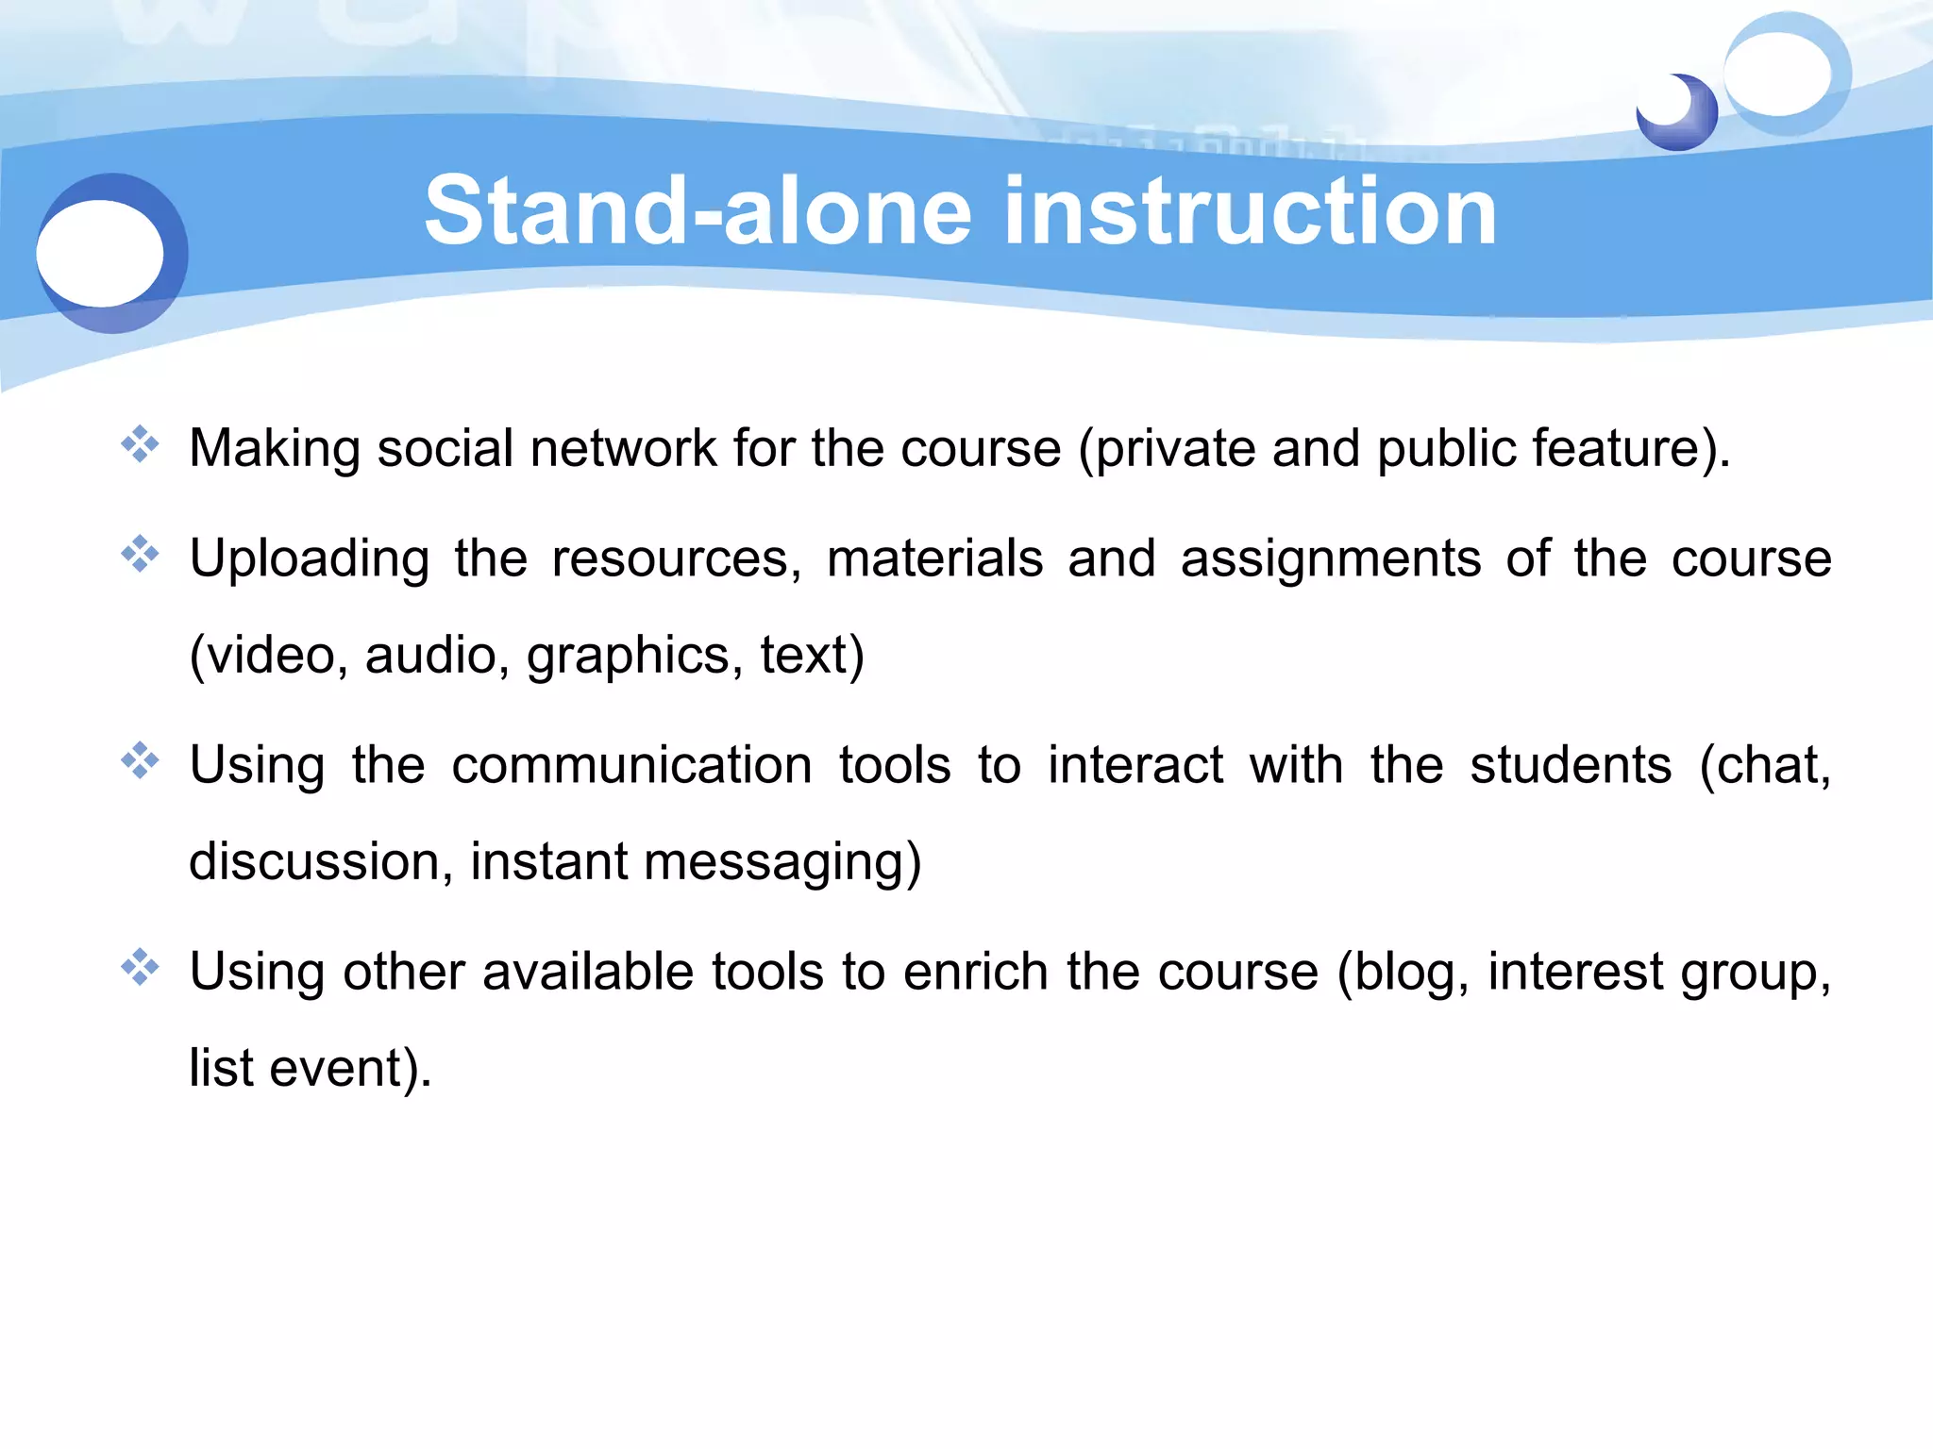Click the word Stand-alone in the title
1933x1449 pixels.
click(x=698, y=211)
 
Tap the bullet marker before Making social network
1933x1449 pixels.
click(x=140, y=444)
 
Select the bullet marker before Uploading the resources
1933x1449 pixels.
click(x=140, y=555)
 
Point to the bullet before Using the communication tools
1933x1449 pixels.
click(x=140, y=761)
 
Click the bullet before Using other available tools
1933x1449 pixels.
click(x=140, y=968)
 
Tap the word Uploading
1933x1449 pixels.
click(x=310, y=558)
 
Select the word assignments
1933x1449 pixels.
click(x=1331, y=558)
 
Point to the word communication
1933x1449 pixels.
click(x=631, y=765)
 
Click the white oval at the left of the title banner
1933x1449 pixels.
click(x=100, y=253)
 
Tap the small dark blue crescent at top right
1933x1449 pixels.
click(x=1689, y=118)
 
